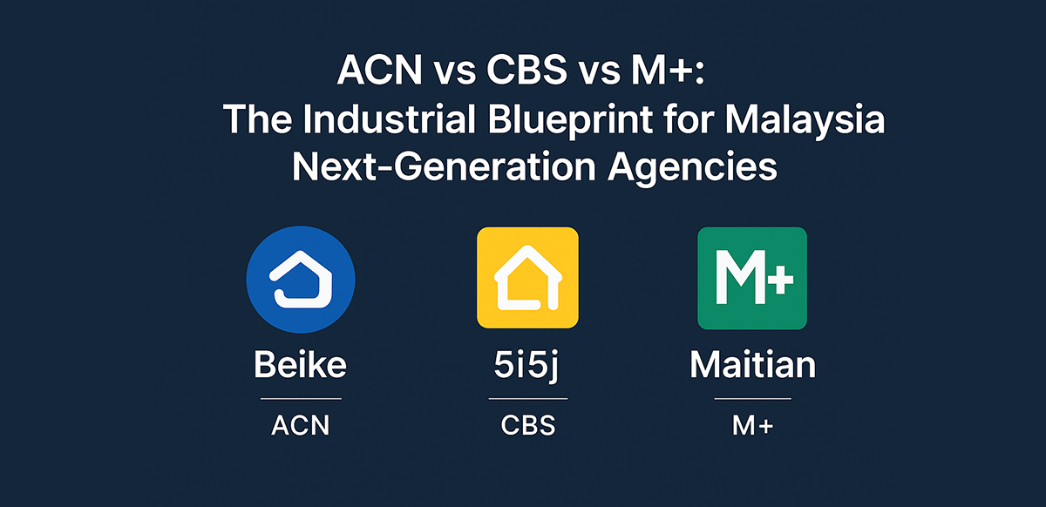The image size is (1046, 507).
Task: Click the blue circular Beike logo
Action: [x=301, y=278]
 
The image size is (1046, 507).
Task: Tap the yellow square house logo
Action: [x=527, y=278]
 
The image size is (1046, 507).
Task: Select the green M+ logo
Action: [x=751, y=278]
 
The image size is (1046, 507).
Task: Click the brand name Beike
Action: [x=300, y=365]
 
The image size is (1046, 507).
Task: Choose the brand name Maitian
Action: [x=752, y=365]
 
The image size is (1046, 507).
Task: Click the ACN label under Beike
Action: [x=301, y=426]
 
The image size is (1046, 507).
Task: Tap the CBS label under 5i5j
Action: [x=527, y=426]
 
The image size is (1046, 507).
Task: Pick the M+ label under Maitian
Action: [x=752, y=426]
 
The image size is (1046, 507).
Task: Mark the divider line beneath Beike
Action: [x=301, y=399]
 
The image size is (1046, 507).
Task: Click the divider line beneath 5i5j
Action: [x=527, y=399]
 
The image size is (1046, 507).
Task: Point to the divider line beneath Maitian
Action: [x=752, y=399]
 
